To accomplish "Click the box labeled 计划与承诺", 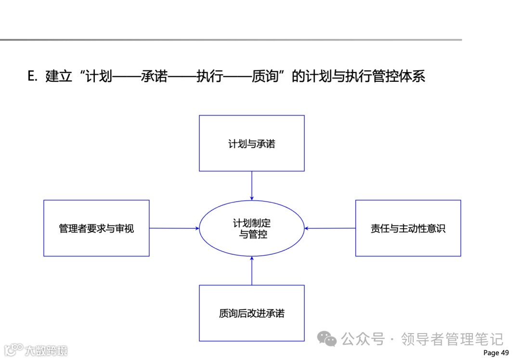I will click(251, 143).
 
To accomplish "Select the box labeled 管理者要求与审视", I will click(96, 228).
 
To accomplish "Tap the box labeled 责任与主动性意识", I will click(408, 228).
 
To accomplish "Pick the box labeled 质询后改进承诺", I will click(251, 313).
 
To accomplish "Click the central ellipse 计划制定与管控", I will click(251, 228).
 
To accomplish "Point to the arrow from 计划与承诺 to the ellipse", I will click(252, 185).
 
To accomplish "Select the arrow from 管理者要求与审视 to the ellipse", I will click(174, 228).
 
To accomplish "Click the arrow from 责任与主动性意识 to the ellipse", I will click(330, 228).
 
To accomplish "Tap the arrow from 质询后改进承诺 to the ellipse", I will click(252, 270).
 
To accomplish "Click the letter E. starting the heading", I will click(33, 76).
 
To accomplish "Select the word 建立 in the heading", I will click(58, 76).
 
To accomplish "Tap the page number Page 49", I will click(495, 353).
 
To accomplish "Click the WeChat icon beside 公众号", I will click(330, 340).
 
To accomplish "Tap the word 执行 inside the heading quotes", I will click(210, 76).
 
